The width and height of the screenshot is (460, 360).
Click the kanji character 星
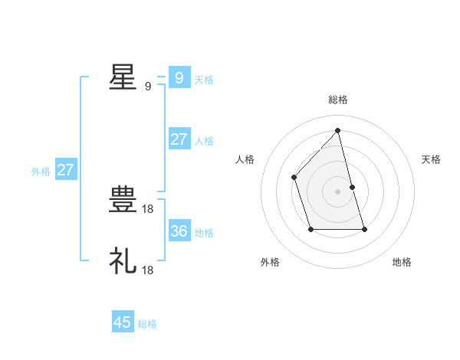pos(123,77)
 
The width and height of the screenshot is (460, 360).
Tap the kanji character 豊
pos(123,201)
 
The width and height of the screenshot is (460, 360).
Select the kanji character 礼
pos(123,261)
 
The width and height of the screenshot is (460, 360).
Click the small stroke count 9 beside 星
pos(148,87)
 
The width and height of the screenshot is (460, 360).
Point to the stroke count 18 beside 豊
pos(149,208)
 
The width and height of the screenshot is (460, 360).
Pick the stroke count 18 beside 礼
pos(149,270)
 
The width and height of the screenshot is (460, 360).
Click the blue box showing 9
pos(179,77)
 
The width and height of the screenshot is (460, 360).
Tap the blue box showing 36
pos(179,231)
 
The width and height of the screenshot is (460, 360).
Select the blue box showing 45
pos(123,322)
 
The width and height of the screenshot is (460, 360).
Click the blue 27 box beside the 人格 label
pos(179,139)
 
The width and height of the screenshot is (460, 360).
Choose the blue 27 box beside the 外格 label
pos(65,170)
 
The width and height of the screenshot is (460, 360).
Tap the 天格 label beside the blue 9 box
pos(204,79)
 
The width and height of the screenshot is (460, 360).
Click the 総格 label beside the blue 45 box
pos(147,324)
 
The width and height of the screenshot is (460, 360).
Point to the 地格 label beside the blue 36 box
pos(204,233)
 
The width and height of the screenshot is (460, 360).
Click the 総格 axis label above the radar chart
pos(337,100)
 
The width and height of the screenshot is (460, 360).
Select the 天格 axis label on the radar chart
pos(431,159)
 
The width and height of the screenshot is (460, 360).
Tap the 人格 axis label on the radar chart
pos(245,159)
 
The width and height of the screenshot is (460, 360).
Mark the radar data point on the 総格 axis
pos(337,130)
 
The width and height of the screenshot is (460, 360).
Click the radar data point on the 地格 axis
pos(364,229)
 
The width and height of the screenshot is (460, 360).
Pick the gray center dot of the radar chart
pos(337,191)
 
